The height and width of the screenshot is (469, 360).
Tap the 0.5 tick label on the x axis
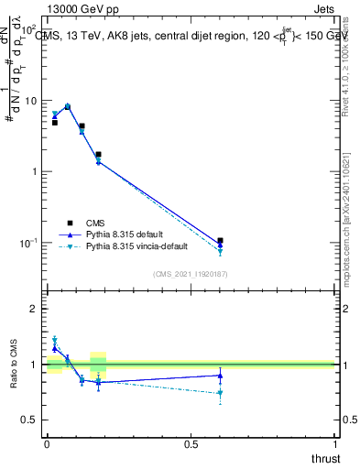(x=191, y=444)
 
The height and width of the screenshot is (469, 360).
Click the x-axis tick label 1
(x=334, y=444)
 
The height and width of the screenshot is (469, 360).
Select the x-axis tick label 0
(x=47, y=444)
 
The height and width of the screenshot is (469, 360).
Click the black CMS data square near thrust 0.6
(x=220, y=241)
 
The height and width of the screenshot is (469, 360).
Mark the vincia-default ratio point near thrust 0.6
(x=220, y=394)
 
